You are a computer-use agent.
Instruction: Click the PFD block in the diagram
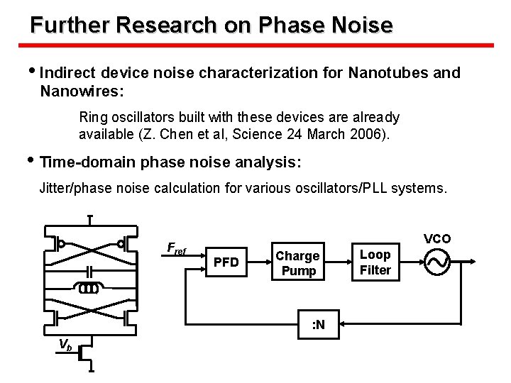(x=226, y=263)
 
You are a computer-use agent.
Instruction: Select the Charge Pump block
(x=298, y=263)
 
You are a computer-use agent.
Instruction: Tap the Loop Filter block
(x=375, y=262)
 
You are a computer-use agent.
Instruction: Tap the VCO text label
(x=437, y=238)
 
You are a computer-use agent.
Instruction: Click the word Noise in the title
(x=361, y=26)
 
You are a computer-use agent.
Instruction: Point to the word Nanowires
(x=81, y=91)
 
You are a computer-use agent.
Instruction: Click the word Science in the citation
(x=253, y=135)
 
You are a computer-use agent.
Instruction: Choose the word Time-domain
(x=87, y=162)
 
